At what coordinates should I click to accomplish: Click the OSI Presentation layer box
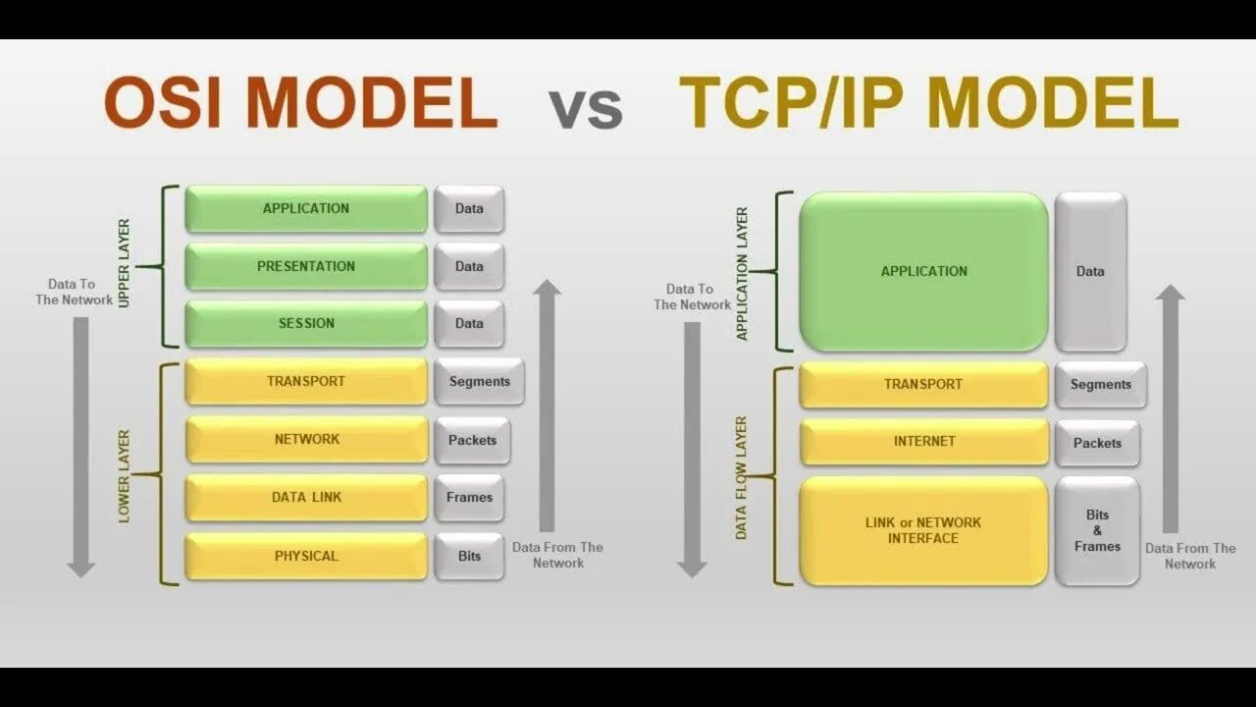tap(306, 266)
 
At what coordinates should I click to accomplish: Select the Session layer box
tap(306, 323)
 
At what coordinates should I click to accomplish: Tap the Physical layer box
tap(306, 556)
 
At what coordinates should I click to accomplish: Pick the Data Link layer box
tap(306, 497)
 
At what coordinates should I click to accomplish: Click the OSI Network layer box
tap(306, 439)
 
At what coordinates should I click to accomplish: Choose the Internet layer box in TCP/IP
tap(923, 441)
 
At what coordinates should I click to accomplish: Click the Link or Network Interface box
tap(923, 530)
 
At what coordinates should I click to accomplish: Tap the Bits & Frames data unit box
tap(1097, 530)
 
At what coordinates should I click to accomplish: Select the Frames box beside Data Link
tap(469, 497)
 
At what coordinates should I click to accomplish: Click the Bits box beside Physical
tap(469, 556)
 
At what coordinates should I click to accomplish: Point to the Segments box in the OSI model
tap(479, 381)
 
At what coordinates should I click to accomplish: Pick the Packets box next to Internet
tap(1097, 443)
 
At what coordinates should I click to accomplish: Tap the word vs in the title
tap(586, 107)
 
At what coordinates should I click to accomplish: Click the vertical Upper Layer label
tap(124, 263)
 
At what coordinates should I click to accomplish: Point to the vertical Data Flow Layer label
tap(741, 477)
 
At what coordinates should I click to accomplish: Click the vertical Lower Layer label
tap(124, 476)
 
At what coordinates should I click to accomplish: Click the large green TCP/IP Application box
tap(923, 271)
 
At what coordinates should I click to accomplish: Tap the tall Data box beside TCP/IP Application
tap(1090, 271)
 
